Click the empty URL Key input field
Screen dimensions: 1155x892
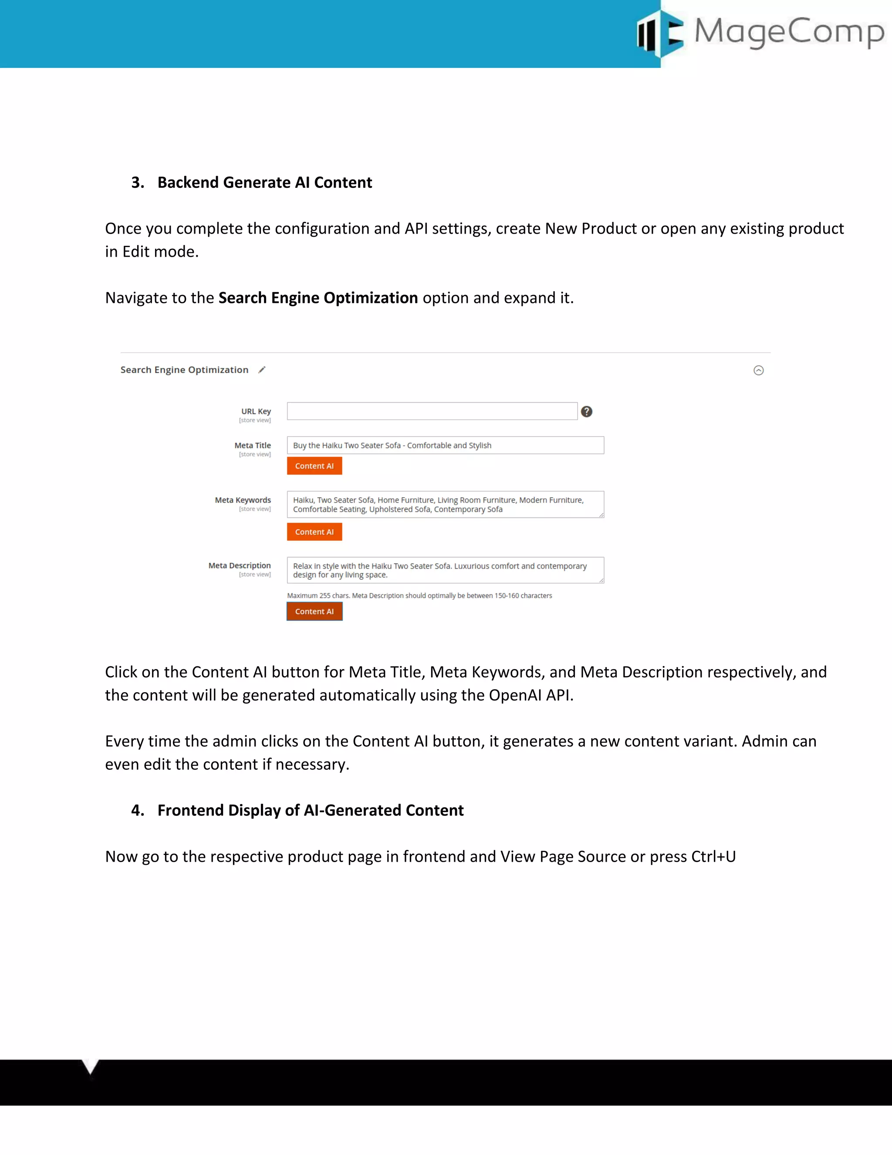point(432,411)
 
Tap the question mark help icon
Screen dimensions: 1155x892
point(587,411)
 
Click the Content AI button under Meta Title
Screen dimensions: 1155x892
point(314,466)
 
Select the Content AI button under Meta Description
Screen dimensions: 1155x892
point(314,611)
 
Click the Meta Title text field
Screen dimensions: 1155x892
point(445,445)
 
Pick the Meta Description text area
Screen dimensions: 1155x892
point(445,570)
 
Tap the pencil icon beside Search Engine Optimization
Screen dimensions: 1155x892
point(262,370)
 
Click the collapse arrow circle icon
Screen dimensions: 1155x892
point(758,370)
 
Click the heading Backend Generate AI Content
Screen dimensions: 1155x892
point(264,183)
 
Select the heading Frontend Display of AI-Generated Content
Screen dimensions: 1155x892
point(310,810)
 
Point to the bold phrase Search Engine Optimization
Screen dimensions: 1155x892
point(318,298)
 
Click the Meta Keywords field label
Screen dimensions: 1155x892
point(243,500)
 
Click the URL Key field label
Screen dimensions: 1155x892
point(256,411)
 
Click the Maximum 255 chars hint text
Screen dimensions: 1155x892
point(419,595)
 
